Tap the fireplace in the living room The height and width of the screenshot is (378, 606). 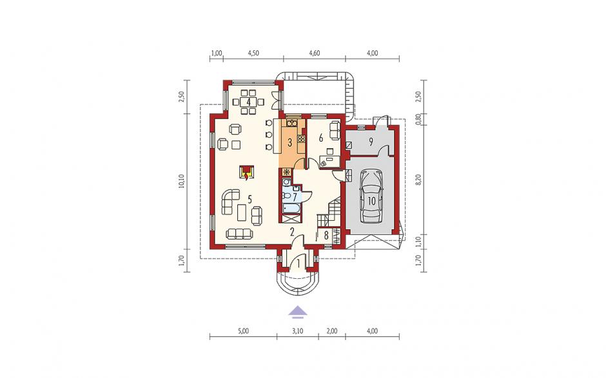tap(246, 172)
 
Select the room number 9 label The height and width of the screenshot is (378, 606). tap(371, 142)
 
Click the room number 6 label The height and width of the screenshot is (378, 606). tap(320, 138)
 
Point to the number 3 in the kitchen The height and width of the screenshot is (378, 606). tap(290, 142)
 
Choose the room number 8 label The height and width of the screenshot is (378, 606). tap(326, 235)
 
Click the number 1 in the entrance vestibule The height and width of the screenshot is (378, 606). tap(298, 264)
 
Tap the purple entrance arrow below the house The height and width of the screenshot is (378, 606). tap(298, 312)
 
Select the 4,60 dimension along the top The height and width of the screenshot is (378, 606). tap(315, 53)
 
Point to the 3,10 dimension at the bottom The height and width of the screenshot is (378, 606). tap(297, 331)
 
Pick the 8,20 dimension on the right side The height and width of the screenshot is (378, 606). tap(418, 180)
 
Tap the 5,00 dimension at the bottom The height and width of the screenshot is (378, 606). tap(244, 331)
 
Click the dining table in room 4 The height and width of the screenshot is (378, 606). tap(248, 102)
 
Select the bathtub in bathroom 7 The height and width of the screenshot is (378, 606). tap(291, 209)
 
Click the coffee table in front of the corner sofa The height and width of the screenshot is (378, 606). tap(241, 213)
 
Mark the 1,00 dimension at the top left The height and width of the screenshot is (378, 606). tap(217, 53)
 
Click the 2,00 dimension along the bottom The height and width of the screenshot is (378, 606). tap(331, 331)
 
